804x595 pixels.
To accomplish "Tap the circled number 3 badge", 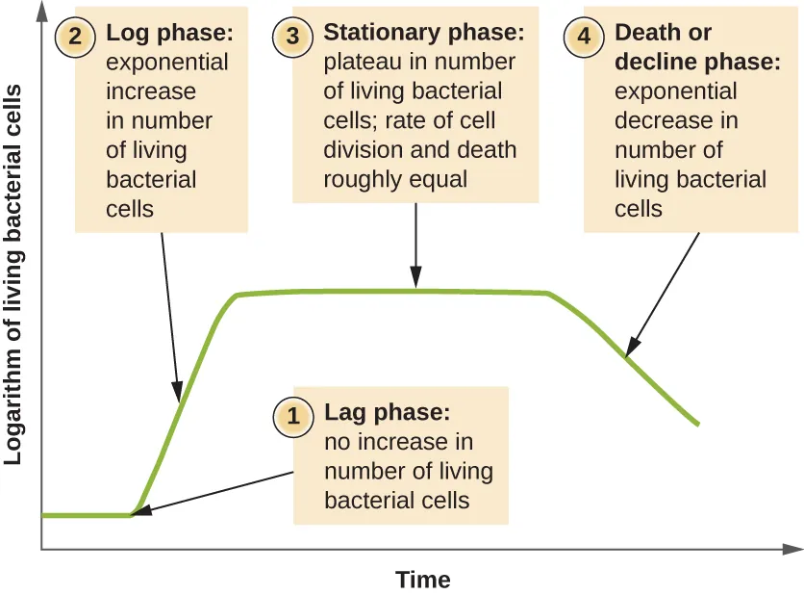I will tap(293, 35).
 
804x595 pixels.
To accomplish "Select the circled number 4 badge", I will tap(584, 35).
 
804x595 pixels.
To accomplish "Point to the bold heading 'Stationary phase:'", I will tap(424, 33).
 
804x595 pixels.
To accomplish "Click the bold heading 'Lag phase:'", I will tap(387, 413).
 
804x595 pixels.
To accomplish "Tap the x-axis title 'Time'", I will tap(422, 580).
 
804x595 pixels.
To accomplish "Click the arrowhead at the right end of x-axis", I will tap(793, 549).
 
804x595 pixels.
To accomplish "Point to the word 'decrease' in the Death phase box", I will tap(662, 121).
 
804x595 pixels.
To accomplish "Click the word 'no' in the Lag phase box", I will tap(337, 443).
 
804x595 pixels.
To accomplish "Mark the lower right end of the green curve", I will tap(697, 423).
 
